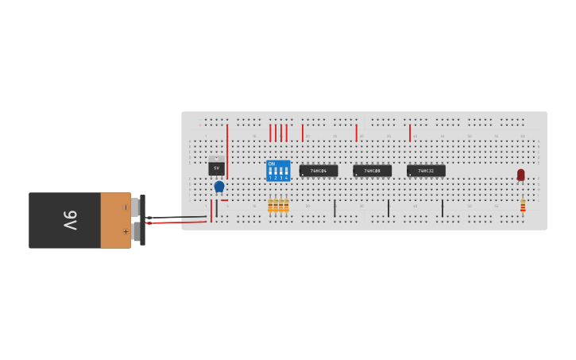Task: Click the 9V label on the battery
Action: pyautogui.click(x=69, y=220)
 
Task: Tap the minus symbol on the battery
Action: pyautogui.click(x=125, y=207)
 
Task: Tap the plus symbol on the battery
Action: pyautogui.click(x=125, y=232)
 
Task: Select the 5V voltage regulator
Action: pyautogui.click(x=216, y=168)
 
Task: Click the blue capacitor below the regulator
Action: pyautogui.click(x=219, y=187)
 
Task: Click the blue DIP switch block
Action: pyautogui.click(x=278, y=170)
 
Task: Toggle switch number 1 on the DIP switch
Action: pyautogui.click(x=270, y=171)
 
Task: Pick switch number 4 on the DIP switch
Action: pyautogui.click(x=286, y=171)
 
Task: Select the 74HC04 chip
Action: pyautogui.click(x=319, y=171)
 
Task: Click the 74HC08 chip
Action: pyautogui.click(x=372, y=171)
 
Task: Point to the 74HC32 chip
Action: pyautogui.click(x=426, y=171)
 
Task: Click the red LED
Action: pyautogui.click(x=521, y=174)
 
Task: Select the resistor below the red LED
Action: pyautogui.click(x=523, y=206)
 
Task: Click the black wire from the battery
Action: pyautogui.click(x=179, y=217)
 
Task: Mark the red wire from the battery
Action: pyautogui.click(x=179, y=223)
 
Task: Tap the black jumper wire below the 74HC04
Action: pyautogui.click(x=334, y=208)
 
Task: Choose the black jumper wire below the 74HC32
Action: pyautogui.click(x=443, y=208)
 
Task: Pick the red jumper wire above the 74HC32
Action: pyautogui.click(x=410, y=133)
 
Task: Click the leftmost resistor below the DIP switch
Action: pyautogui.click(x=270, y=206)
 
